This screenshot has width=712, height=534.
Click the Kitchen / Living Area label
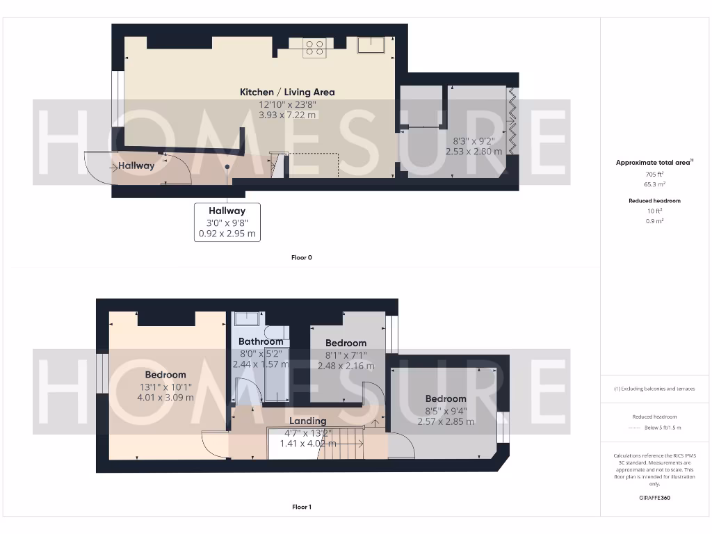(x=287, y=92)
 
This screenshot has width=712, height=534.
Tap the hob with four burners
(x=314, y=47)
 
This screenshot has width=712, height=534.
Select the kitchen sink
(x=373, y=46)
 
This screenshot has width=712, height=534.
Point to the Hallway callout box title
(x=227, y=211)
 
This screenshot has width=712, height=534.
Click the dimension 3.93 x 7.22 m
(x=287, y=115)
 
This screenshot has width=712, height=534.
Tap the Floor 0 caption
(x=302, y=257)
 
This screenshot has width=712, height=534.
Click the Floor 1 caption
(x=302, y=507)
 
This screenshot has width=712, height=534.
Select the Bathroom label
(x=261, y=341)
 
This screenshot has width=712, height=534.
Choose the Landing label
(x=307, y=421)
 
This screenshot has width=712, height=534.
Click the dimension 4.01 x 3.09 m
(x=165, y=398)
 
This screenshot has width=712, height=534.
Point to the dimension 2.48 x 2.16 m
(x=346, y=366)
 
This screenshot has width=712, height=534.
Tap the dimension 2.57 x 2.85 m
(x=446, y=421)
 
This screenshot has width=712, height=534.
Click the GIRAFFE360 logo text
(x=654, y=498)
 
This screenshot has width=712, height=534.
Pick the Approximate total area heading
(x=653, y=163)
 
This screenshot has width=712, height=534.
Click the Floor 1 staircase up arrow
(x=375, y=421)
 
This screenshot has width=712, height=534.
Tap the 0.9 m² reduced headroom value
(x=654, y=220)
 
